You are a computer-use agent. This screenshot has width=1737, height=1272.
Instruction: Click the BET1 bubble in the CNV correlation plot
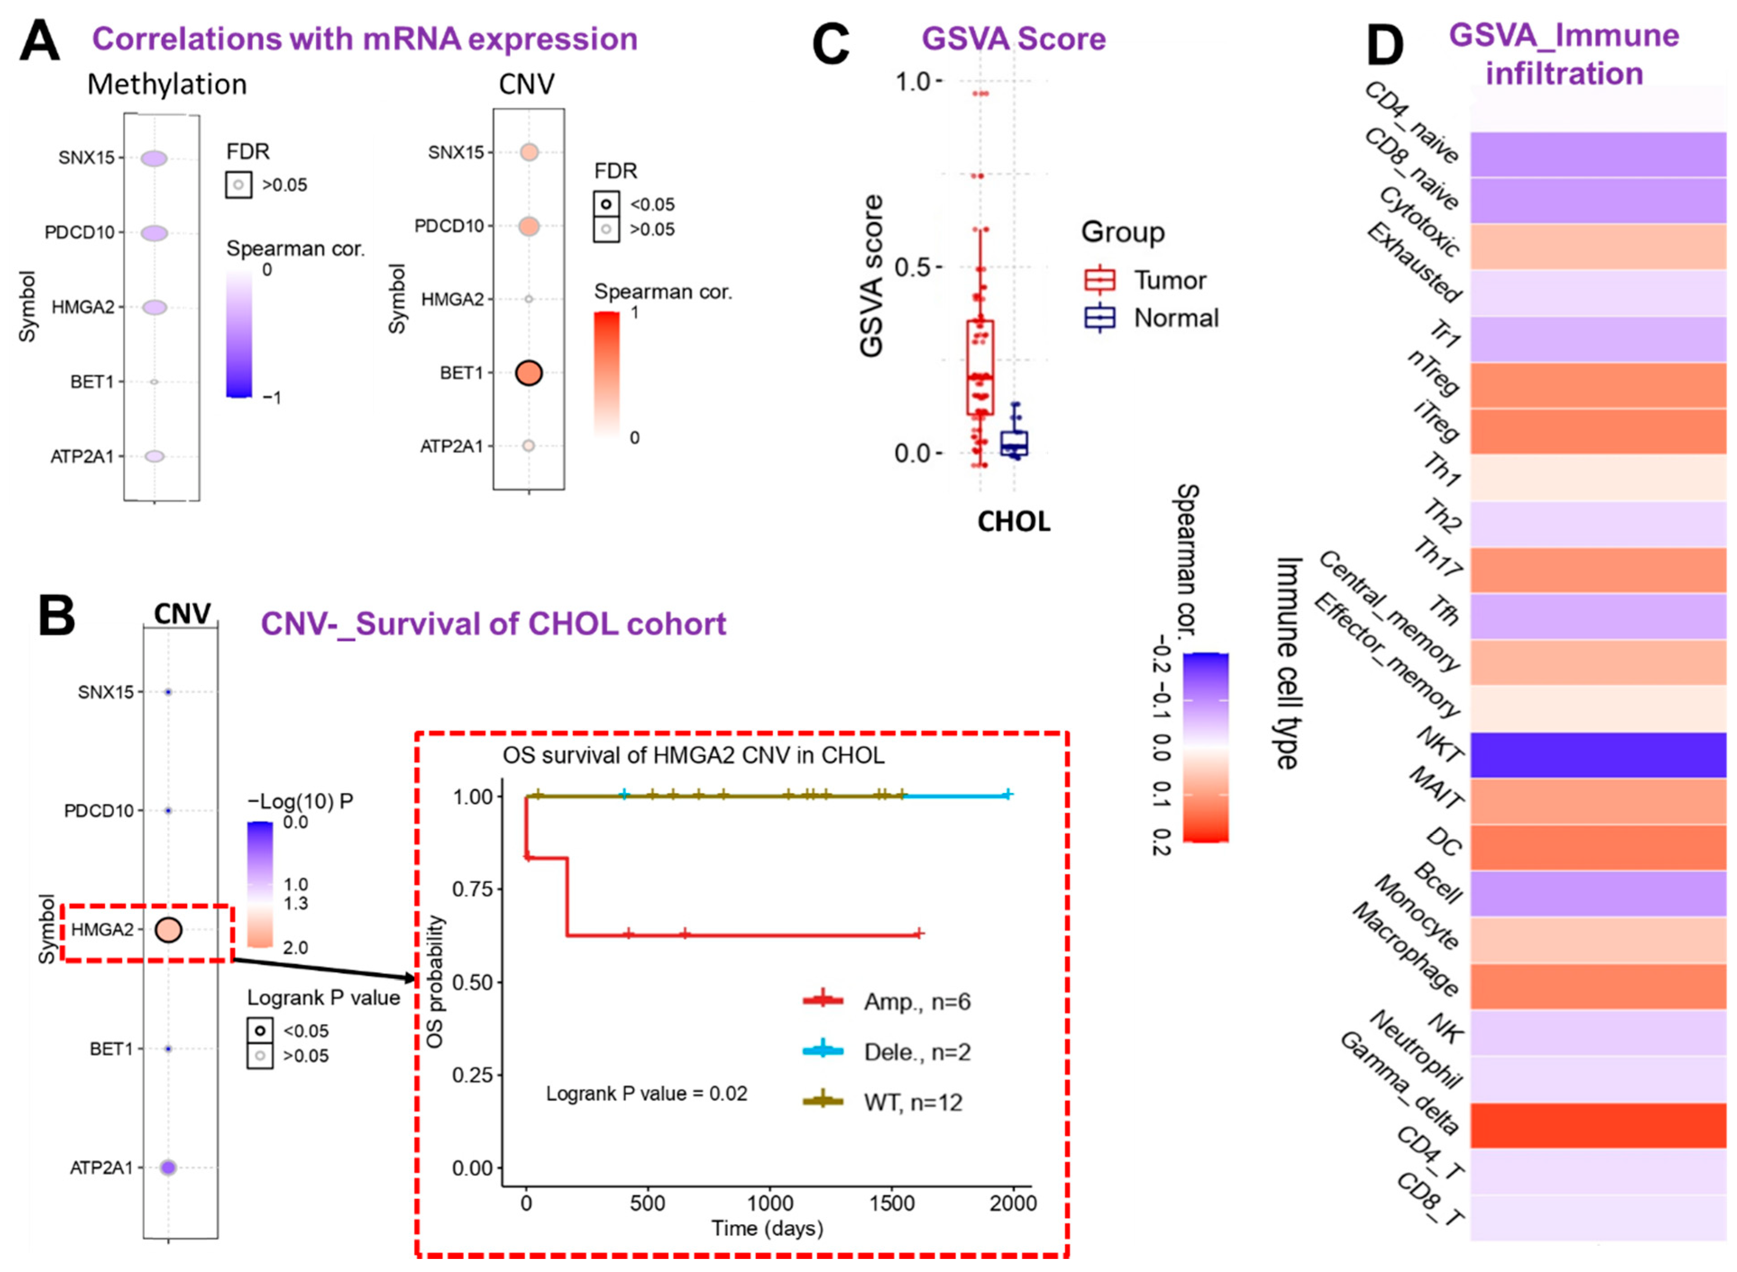529,373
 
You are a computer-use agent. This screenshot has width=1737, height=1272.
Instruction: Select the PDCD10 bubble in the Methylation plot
154,232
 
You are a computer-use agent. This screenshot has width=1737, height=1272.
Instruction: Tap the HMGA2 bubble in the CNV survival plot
168,930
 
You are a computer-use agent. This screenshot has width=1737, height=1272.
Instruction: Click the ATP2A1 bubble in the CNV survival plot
168,1168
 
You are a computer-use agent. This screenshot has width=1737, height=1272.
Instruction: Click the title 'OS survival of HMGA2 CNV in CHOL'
693,756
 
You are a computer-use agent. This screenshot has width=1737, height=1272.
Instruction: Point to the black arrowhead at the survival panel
410,978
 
